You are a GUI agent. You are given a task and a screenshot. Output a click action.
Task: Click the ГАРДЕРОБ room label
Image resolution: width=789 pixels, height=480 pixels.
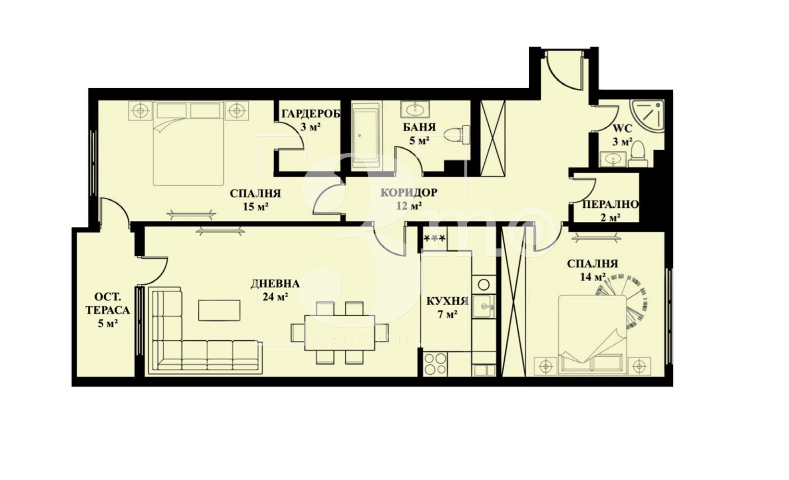click(311, 114)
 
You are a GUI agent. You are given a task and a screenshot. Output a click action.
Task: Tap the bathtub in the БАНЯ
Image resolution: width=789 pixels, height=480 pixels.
click(366, 135)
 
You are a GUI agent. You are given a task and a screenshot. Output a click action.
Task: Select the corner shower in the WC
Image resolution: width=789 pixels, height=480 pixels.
click(647, 115)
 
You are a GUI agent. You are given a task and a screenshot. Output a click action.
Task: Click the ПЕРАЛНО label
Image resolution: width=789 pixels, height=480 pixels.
click(610, 204)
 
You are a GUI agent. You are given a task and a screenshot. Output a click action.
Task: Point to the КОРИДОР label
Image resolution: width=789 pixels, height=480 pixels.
click(409, 192)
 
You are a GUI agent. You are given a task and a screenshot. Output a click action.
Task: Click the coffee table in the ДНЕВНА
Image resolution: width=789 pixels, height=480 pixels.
click(219, 310)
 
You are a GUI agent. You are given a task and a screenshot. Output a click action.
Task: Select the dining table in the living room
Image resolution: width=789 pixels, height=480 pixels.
click(340, 333)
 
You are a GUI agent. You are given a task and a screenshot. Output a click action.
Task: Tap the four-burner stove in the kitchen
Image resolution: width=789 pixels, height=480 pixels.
click(436, 364)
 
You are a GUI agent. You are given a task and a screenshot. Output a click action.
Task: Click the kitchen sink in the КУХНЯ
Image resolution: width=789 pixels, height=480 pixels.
click(484, 306)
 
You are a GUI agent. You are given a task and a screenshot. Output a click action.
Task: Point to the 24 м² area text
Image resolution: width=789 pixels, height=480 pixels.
click(275, 297)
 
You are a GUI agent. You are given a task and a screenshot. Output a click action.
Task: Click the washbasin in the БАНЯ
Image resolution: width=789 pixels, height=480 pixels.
click(415, 109)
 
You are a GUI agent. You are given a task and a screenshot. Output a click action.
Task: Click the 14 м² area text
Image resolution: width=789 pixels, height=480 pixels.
click(593, 277)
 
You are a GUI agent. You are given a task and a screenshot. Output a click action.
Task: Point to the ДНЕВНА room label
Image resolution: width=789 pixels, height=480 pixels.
click(275, 284)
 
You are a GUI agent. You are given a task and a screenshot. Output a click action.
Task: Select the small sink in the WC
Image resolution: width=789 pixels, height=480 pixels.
click(613, 159)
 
